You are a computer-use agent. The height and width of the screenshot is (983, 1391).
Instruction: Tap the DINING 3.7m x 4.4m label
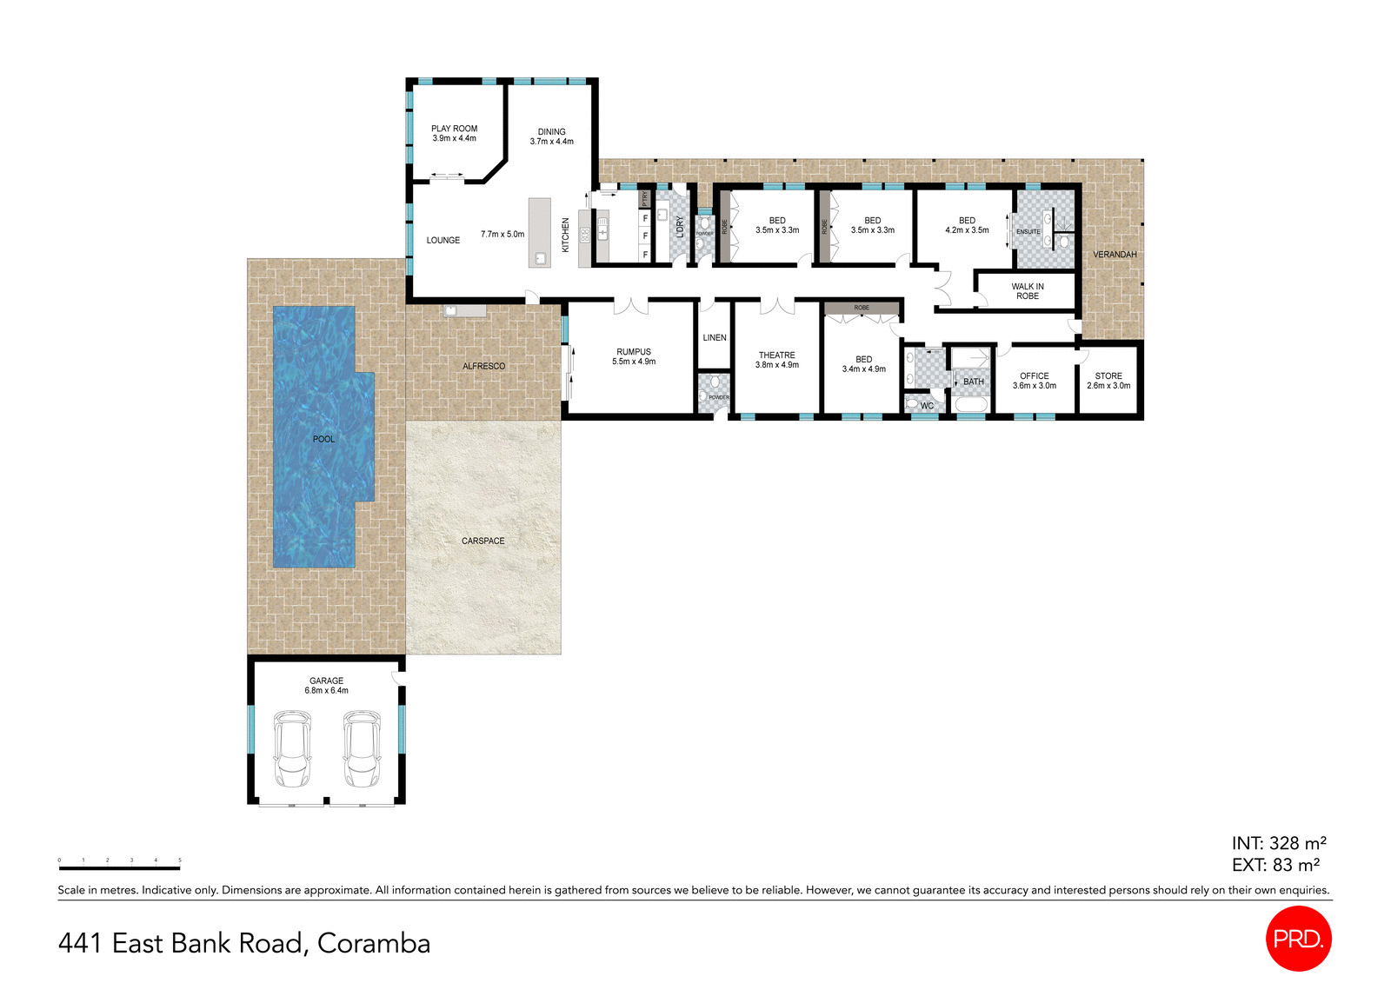pos(551,136)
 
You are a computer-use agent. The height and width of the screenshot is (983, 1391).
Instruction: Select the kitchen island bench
pos(539,232)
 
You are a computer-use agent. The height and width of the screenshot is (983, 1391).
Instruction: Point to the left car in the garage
pos(292,748)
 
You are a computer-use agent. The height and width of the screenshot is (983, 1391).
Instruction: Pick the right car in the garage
pos(361,748)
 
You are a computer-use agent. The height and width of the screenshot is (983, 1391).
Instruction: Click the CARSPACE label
pos(483,541)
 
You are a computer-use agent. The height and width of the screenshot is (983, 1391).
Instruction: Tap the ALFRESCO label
pos(483,366)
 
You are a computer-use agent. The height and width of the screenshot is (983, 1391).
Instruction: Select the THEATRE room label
pos(776,360)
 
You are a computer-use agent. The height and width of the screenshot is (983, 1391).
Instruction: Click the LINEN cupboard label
pos(714,337)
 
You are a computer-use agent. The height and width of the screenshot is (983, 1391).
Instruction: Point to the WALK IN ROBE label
pos(1027,291)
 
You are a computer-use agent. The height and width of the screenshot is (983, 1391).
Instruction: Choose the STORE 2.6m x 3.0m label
pos(1108,381)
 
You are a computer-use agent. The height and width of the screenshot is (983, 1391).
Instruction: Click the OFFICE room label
pos(1034,381)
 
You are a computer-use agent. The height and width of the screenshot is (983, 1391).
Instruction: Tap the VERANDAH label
pos(1114,255)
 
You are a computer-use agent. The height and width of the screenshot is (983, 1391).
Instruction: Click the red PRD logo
pos(1298,939)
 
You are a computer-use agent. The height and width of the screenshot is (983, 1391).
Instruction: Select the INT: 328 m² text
pos(1278,843)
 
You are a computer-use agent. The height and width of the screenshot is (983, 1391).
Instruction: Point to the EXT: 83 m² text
pos(1275,865)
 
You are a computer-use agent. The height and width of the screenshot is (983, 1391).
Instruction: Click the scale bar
pos(119,867)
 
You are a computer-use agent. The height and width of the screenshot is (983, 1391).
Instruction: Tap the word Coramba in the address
pos(374,943)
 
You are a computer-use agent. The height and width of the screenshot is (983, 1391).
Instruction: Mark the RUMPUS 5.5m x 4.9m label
pos(633,356)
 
